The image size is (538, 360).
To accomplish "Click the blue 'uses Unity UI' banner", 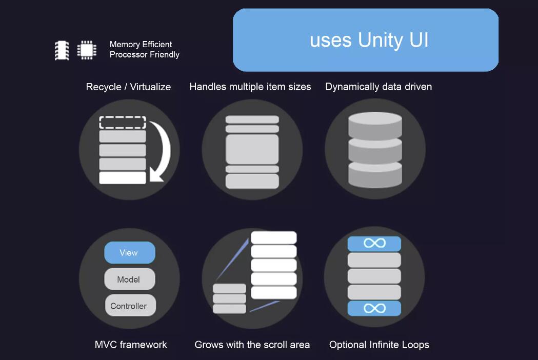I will coord(366,40).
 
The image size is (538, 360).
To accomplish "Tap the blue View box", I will coord(129,253).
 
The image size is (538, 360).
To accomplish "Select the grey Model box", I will coord(129,279).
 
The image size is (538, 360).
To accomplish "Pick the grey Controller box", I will coord(130,306).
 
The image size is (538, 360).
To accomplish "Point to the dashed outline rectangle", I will coord(123,123).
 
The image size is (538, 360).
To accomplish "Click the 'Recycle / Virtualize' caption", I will coord(128,87).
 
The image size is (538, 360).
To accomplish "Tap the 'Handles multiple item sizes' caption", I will coord(250,87).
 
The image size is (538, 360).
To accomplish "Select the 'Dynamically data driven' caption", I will coord(378,87).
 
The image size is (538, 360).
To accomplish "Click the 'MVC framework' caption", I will coord(131,345).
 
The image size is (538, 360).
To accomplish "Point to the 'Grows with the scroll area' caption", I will coord(252,345).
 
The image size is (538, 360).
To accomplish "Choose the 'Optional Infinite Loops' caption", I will coord(379,345).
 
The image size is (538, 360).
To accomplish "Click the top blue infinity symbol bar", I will coord(374,243).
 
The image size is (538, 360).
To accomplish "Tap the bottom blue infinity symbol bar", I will coord(374,308).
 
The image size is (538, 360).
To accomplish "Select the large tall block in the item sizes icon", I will coord(252,149).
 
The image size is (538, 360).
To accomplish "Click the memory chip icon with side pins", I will coord(62,50).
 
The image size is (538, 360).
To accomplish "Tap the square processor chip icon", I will coord(87,50).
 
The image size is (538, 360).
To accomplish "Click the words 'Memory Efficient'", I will coord(141,45).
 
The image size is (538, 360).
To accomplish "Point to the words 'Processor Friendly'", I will coord(144,55).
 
